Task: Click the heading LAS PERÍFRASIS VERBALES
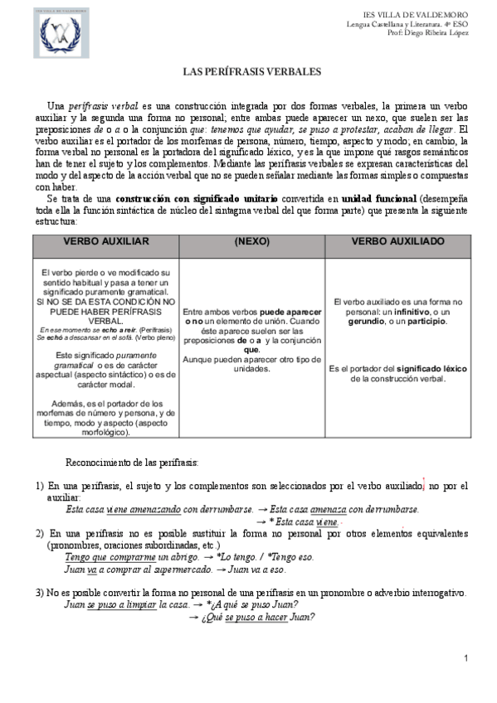(251, 73)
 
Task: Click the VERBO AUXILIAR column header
(105, 241)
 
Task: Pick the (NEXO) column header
(252, 241)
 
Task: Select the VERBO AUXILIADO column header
(397, 241)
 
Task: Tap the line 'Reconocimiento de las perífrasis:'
(131, 460)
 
